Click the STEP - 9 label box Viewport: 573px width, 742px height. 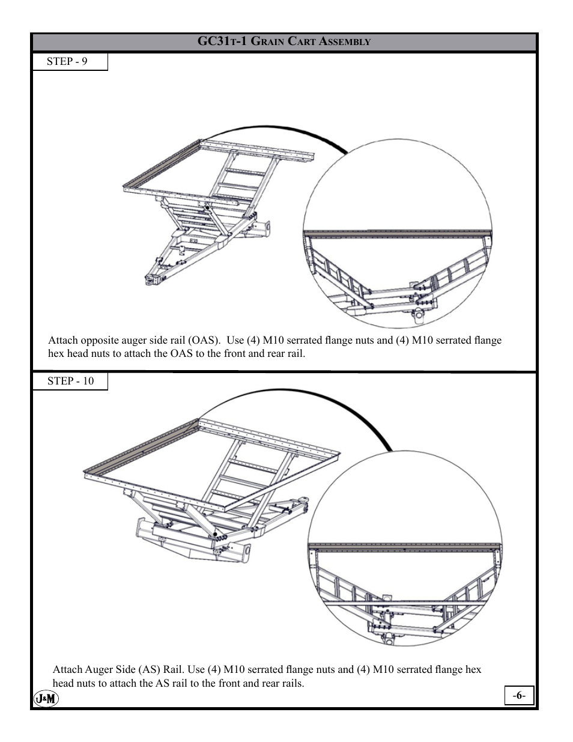pyautogui.click(x=69, y=62)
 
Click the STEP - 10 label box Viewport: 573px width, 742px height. pyautogui.click(x=70, y=382)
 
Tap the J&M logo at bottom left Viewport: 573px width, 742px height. pyautogui.click(x=46, y=698)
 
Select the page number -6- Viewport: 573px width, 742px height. pyautogui.click(x=519, y=696)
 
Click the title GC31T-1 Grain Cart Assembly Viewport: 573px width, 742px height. pyautogui.click(x=284, y=41)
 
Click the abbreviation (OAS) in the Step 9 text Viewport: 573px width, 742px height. pyautogui.click(x=201, y=340)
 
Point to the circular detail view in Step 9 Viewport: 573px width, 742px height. pyautogui.click(x=398, y=234)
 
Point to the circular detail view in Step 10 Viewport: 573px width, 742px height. pyautogui.click(x=405, y=548)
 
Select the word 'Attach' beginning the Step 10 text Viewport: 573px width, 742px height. pyautogui.click(x=67, y=669)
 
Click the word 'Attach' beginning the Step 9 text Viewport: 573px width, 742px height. pyautogui.click(x=63, y=340)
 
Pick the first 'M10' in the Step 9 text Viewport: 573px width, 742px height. pyautogui.click(x=273, y=340)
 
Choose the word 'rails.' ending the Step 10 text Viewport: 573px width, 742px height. pyautogui.click(x=291, y=683)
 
